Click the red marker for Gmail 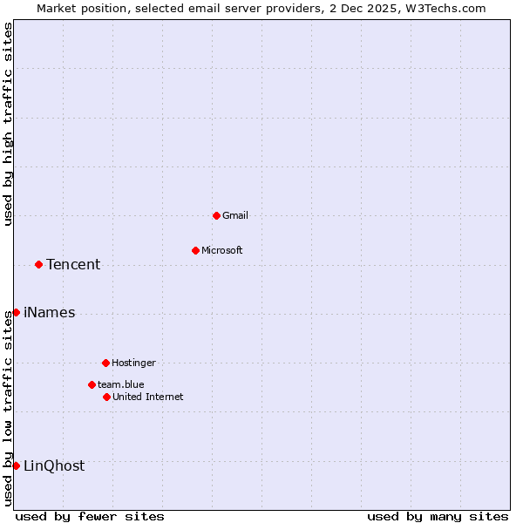(x=216, y=215)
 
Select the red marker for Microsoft (x=195, y=250)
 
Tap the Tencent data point (x=38, y=264)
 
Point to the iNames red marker (x=16, y=312)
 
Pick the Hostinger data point (x=105, y=363)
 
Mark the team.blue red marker (x=92, y=384)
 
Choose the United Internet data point (x=106, y=397)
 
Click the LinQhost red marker (x=16, y=465)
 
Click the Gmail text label (x=235, y=215)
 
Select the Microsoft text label (x=222, y=250)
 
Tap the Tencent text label (x=73, y=265)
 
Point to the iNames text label (x=50, y=313)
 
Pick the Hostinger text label (x=133, y=363)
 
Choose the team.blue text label (x=121, y=384)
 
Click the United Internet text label (x=148, y=397)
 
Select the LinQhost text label (x=54, y=466)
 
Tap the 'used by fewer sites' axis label (x=90, y=516)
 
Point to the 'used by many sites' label (x=438, y=516)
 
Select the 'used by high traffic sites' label (x=8, y=124)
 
